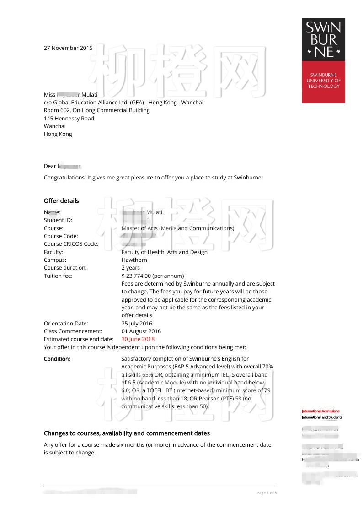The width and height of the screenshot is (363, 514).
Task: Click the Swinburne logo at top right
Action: tap(323, 60)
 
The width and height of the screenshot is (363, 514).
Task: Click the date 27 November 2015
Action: tap(68, 48)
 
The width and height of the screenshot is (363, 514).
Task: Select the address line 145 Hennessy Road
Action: tap(69, 119)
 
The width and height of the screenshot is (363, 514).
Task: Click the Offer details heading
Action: tap(61, 201)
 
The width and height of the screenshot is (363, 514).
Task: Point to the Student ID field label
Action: tap(58, 220)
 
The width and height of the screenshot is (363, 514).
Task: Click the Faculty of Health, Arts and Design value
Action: tap(164, 252)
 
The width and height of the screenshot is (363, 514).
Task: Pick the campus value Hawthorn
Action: tap(134, 260)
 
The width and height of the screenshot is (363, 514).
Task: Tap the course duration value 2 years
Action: tap(131, 268)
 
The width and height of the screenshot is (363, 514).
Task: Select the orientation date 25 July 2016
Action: tap(137, 324)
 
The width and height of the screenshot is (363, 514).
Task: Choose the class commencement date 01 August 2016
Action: tap(141, 331)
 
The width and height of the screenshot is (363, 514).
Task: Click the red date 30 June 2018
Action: tap(138, 339)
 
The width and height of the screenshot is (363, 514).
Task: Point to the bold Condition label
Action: tap(57, 359)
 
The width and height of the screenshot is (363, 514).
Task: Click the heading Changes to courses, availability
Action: tap(127, 433)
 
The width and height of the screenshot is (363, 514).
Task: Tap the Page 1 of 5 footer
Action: tap(267, 493)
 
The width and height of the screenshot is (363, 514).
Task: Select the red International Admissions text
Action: tap(320, 411)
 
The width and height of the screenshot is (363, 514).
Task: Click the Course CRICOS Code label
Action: tap(71, 244)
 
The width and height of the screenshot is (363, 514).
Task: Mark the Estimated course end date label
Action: tap(79, 339)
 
